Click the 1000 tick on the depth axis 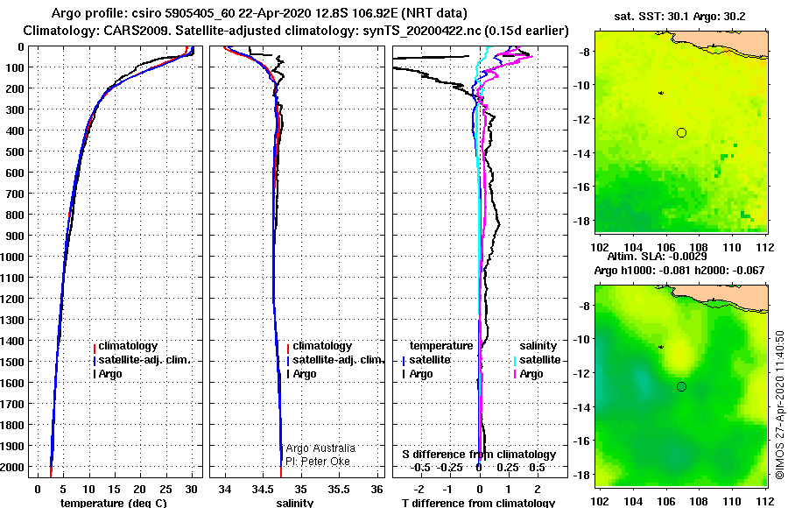[12, 257]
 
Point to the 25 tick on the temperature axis [165, 489]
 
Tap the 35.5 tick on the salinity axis [339, 489]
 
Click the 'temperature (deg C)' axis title [114, 503]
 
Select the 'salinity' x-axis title [294, 503]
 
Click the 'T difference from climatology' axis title [478, 503]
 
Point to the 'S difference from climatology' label [479, 455]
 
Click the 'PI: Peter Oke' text [318, 462]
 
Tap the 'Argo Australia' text [320, 448]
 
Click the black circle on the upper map [681, 133]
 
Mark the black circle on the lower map [681, 387]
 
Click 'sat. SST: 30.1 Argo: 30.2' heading [679, 17]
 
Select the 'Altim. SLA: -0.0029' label [657, 257]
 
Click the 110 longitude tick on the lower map [732, 501]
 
